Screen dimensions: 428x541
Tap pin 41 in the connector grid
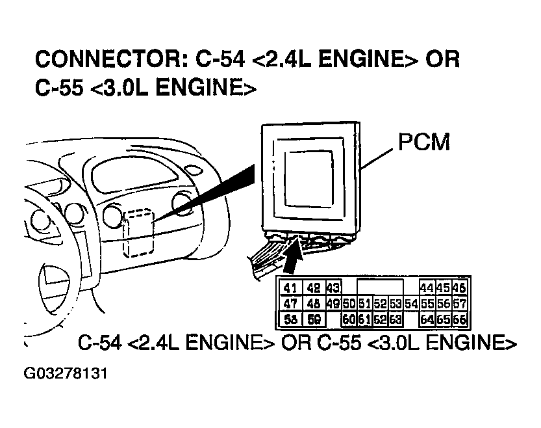pyautogui.click(x=290, y=288)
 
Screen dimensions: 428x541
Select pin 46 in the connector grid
pyautogui.click(x=459, y=288)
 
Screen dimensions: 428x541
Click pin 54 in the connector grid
pyautogui.click(x=410, y=304)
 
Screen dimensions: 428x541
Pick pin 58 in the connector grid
pyautogui.click(x=290, y=319)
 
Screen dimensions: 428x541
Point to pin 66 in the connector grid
pyautogui.click(x=459, y=319)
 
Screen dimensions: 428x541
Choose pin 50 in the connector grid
pyautogui.click(x=349, y=304)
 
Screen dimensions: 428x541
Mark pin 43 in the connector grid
pyautogui.click(x=333, y=288)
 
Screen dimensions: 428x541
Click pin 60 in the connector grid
pyautogui.click(x=349, y=319)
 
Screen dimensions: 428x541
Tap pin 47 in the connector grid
pyautogui.click(x=290, y=304)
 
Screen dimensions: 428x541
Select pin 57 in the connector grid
pyautogui.click(x=459, y=304)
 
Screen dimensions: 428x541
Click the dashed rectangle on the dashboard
pyautogui.click(x=138, y=233)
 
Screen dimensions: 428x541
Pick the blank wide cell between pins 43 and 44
pyautogui.click(x=381, y=288)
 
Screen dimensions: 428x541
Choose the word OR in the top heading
pyautogui.click(x=442, y=59)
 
